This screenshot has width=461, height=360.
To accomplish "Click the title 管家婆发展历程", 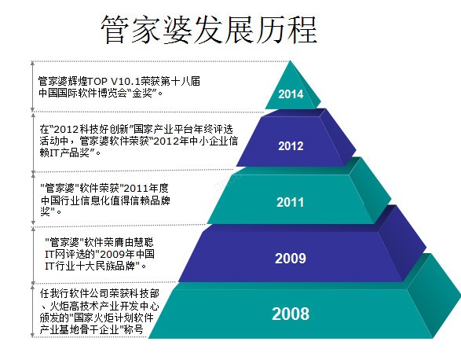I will [x=209, y=30].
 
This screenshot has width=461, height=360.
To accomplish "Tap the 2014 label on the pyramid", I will [x=290, y=94].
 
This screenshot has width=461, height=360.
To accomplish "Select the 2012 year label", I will [x=290, y=146].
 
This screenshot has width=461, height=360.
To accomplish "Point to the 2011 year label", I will [x=290, y=202].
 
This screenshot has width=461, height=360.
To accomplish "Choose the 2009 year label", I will [x=290, y=258].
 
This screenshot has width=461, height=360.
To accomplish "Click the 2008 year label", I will [x=290, y=314].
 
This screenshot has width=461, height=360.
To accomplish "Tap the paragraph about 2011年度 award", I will [x=110, y=199].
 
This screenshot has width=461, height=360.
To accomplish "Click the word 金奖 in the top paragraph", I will [x=148, y=93].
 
